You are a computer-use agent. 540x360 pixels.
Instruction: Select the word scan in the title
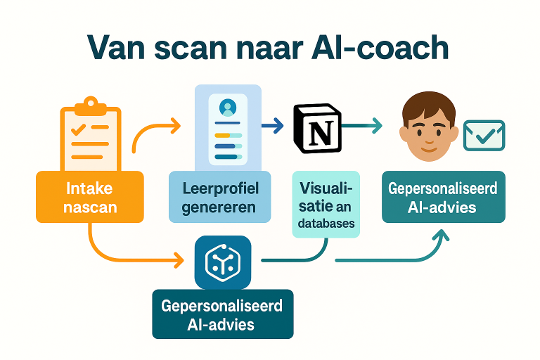click(202, 49)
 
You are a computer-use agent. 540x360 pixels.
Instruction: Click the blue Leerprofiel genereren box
click(220, 198)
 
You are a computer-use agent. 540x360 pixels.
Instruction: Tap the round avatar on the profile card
click(227, 108)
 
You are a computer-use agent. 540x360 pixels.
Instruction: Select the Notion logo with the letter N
click(316, 128)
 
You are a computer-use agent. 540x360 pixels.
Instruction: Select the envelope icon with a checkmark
click(484, 135)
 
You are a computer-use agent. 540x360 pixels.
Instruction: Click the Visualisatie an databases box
click(326, 204)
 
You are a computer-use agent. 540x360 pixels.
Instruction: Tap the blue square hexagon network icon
click(222, 262)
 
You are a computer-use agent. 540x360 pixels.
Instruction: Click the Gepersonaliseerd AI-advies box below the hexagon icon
click(222, 314)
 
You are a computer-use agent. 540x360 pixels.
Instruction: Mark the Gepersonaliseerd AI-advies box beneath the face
click(443, 197)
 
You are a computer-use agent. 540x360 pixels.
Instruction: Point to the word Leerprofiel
click(220, 188)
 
